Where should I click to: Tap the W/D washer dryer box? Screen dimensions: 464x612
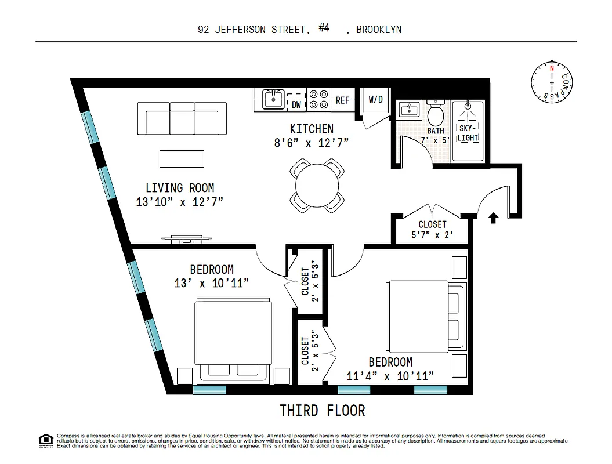coord(376,99)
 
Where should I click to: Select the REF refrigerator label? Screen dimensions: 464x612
coord(343,100)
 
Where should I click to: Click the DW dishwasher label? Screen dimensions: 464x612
coord(296,104)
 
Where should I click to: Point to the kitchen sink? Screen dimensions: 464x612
coord(272,99)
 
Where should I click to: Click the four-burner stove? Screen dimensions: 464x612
coord(318,99)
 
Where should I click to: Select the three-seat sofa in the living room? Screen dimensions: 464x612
coord(182,118)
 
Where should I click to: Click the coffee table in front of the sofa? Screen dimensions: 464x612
coord(182,158)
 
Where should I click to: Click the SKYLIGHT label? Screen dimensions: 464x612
coord(468,132)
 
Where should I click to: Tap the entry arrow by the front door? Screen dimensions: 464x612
coord(494,218)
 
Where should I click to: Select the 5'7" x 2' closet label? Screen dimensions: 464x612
coord(432,230)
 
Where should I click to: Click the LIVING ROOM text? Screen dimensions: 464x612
coord(179,188)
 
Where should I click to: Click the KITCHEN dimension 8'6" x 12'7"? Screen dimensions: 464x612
coord(312,142)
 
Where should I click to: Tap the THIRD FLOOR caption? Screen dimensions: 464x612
coord(323,411)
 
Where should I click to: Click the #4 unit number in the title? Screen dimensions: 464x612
coord(324,28)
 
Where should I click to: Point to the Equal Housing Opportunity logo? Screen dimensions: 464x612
coord(45,440)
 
